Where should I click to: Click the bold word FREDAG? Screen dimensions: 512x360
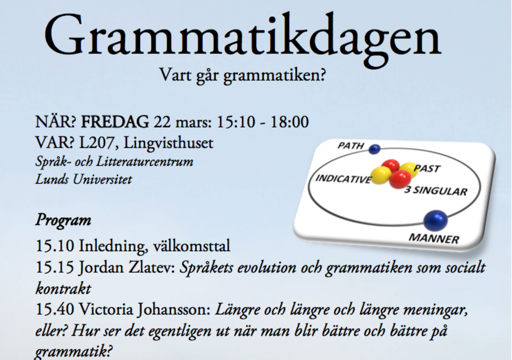tap(115, 122)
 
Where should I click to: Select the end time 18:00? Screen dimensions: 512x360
tap(289, 122)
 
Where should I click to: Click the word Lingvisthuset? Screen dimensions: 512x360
tap(168, 143)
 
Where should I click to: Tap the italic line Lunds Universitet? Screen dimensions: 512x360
tap(83, 179)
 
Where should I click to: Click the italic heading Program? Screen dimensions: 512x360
tap(63, 220)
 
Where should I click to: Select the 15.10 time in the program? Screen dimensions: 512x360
tap(55, 246)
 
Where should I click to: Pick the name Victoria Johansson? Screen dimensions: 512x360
tap(144, 310)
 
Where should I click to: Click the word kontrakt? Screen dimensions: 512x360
tap(63, 289)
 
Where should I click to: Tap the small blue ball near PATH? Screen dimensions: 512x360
tap(374, 149)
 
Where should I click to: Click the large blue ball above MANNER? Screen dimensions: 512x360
tap(435, 221)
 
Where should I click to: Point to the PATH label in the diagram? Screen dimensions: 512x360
tap(351, 146)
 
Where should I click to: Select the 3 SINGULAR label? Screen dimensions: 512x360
tap(435, 190)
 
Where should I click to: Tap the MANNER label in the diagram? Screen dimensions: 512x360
tap(434, 239)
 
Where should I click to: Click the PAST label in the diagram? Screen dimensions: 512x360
tap(427, 168)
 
